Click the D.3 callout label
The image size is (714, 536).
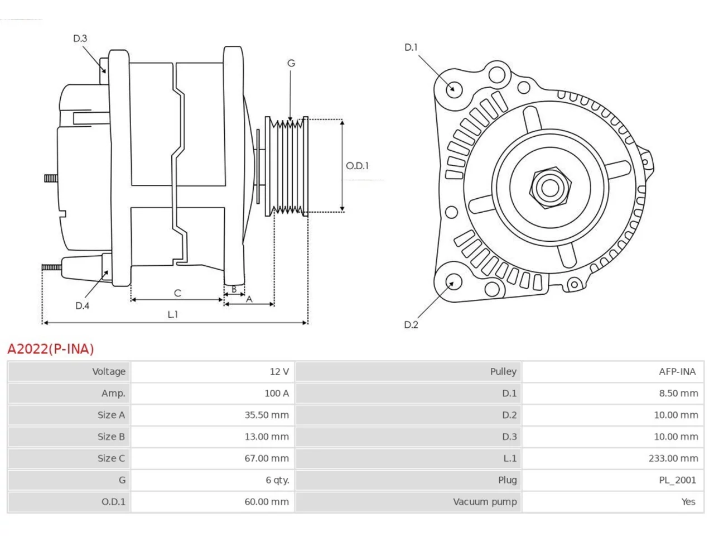[80, 39]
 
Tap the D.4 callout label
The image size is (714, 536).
[82, 305]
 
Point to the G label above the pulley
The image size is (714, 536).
[291, 63]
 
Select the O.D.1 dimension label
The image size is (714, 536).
[357, 166]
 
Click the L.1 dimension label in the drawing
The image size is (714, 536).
[173, 314]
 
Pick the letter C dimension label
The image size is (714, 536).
[177, 293]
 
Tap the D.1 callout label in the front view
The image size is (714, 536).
[411, 47]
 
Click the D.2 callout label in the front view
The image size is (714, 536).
[411, 324]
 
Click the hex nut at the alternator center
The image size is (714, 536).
[550, 188]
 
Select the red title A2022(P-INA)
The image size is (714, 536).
[50, 349]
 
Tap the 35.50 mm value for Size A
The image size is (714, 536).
[267, 415]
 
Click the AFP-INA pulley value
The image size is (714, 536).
[677, 371]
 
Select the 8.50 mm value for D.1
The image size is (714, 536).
[678, 393]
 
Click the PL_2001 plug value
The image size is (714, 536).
[678, 480]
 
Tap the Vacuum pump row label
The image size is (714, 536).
[485, 502]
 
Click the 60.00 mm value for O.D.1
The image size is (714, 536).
[267, 502]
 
